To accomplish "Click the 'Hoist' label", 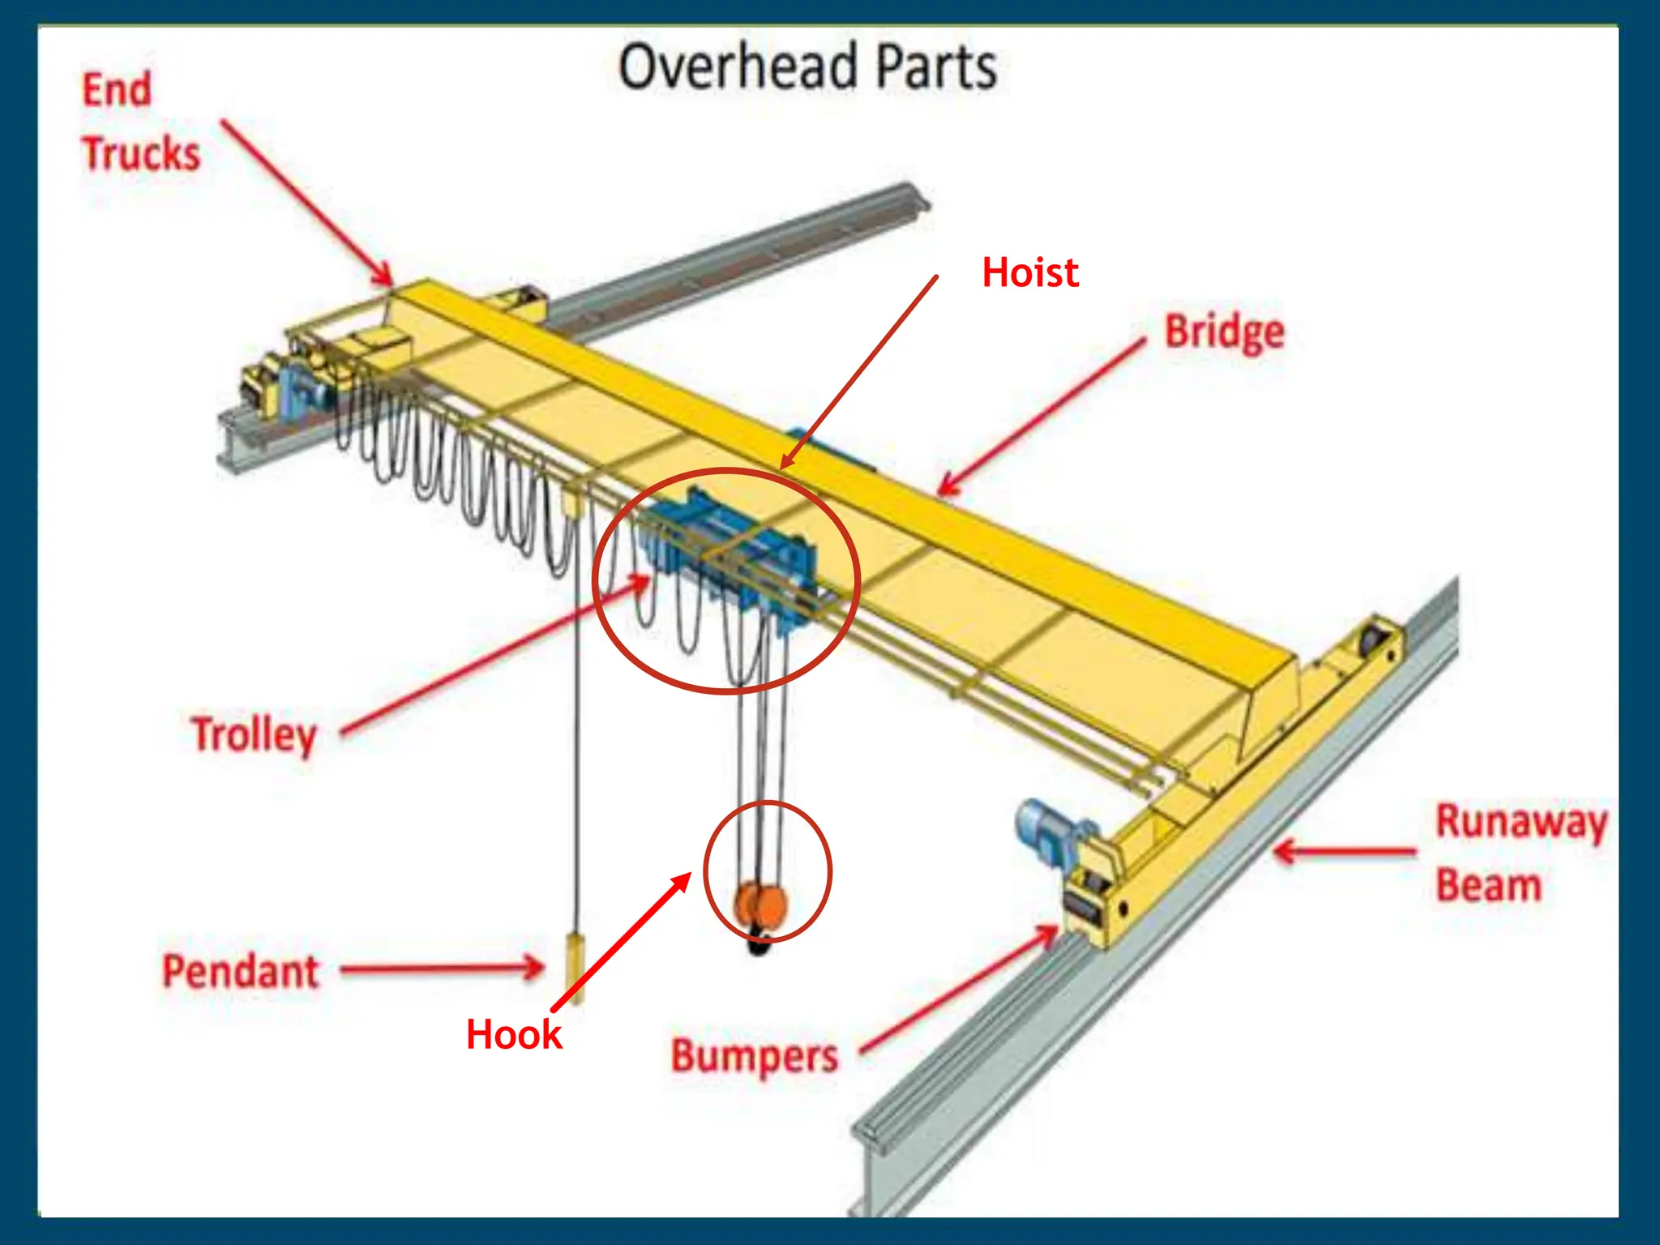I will pyautogui.click(x=1029, y=272).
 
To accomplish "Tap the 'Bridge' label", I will pyautogui.click(x=1224, y=332).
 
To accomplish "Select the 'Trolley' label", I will pyautogui.click(x=254, y=734).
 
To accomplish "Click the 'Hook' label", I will pyautogui.click(x=513, y=1034).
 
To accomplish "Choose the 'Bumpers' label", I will pyautogui.click(x=754, y=1056).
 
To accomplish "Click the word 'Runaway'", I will pyautogui.click(x=1521, y=822).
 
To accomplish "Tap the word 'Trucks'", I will pyautogui.click(x=141, y=154).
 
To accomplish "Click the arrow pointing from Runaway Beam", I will pyautogui.click(x=1346, y=852).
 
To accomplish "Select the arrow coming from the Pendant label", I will pyautogui.click(x=442, y=968).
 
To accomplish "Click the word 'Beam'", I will pyautogui.click(x=1488, y=885).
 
